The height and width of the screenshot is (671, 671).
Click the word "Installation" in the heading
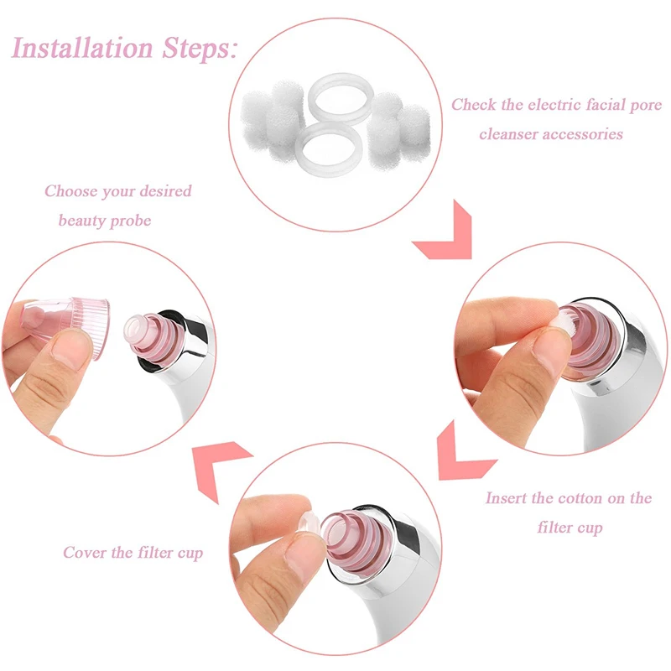pos(82,47)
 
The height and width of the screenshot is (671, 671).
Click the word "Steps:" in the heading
pos(200,48)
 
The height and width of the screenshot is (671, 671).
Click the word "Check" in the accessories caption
pos(474,104)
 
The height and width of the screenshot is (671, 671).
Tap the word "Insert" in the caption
pos(507,498)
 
